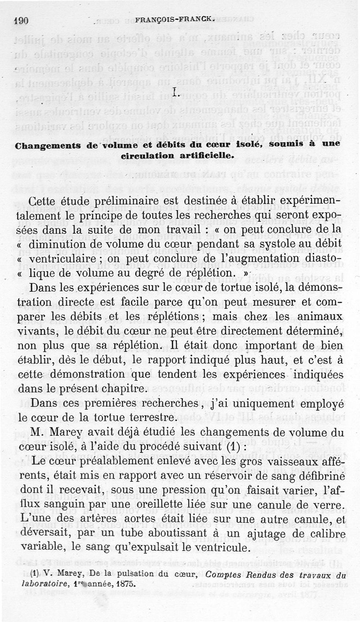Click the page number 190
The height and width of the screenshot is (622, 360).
(x=21, y=20)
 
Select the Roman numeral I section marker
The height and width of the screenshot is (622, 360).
(x=176, y=94)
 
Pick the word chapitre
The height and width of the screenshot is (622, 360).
(x=121, y=389)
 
